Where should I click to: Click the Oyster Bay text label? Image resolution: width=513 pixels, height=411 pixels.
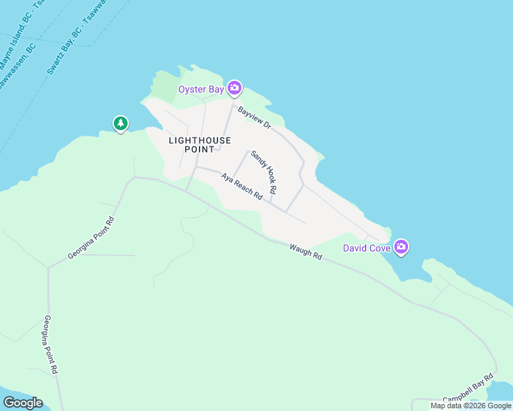click(x=202, y=89)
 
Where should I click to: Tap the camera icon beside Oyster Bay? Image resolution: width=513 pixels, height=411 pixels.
click(x=235, y=88)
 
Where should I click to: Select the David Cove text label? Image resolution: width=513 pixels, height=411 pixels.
click(x=367, y=248)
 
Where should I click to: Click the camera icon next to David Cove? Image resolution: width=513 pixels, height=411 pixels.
click(x=401, y=247)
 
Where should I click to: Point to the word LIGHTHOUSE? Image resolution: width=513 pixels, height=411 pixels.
click(x=200, y=140)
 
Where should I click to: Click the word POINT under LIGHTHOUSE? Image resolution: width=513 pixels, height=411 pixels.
click(x=200, y=149)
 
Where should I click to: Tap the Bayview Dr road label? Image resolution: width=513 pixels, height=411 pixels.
click(x=254, y=117)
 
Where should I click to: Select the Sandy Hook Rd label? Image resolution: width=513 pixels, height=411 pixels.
click(x=263, y=171)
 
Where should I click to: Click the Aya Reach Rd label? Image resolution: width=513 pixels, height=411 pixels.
click(x=241, y=186)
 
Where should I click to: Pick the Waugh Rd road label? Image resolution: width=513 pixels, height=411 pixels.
click(x=305, y=251)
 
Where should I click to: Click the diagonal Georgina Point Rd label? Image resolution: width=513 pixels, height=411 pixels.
click(x=90, y=238)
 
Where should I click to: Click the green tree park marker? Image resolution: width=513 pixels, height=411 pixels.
click(x=121, y=123)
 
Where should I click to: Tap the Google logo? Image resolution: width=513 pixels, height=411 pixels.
click(x=23, y=403)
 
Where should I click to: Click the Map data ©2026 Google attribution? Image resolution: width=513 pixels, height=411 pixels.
click(x=470, y=406)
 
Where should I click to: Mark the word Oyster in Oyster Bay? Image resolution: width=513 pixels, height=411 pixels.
click(x=193, y=89)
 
